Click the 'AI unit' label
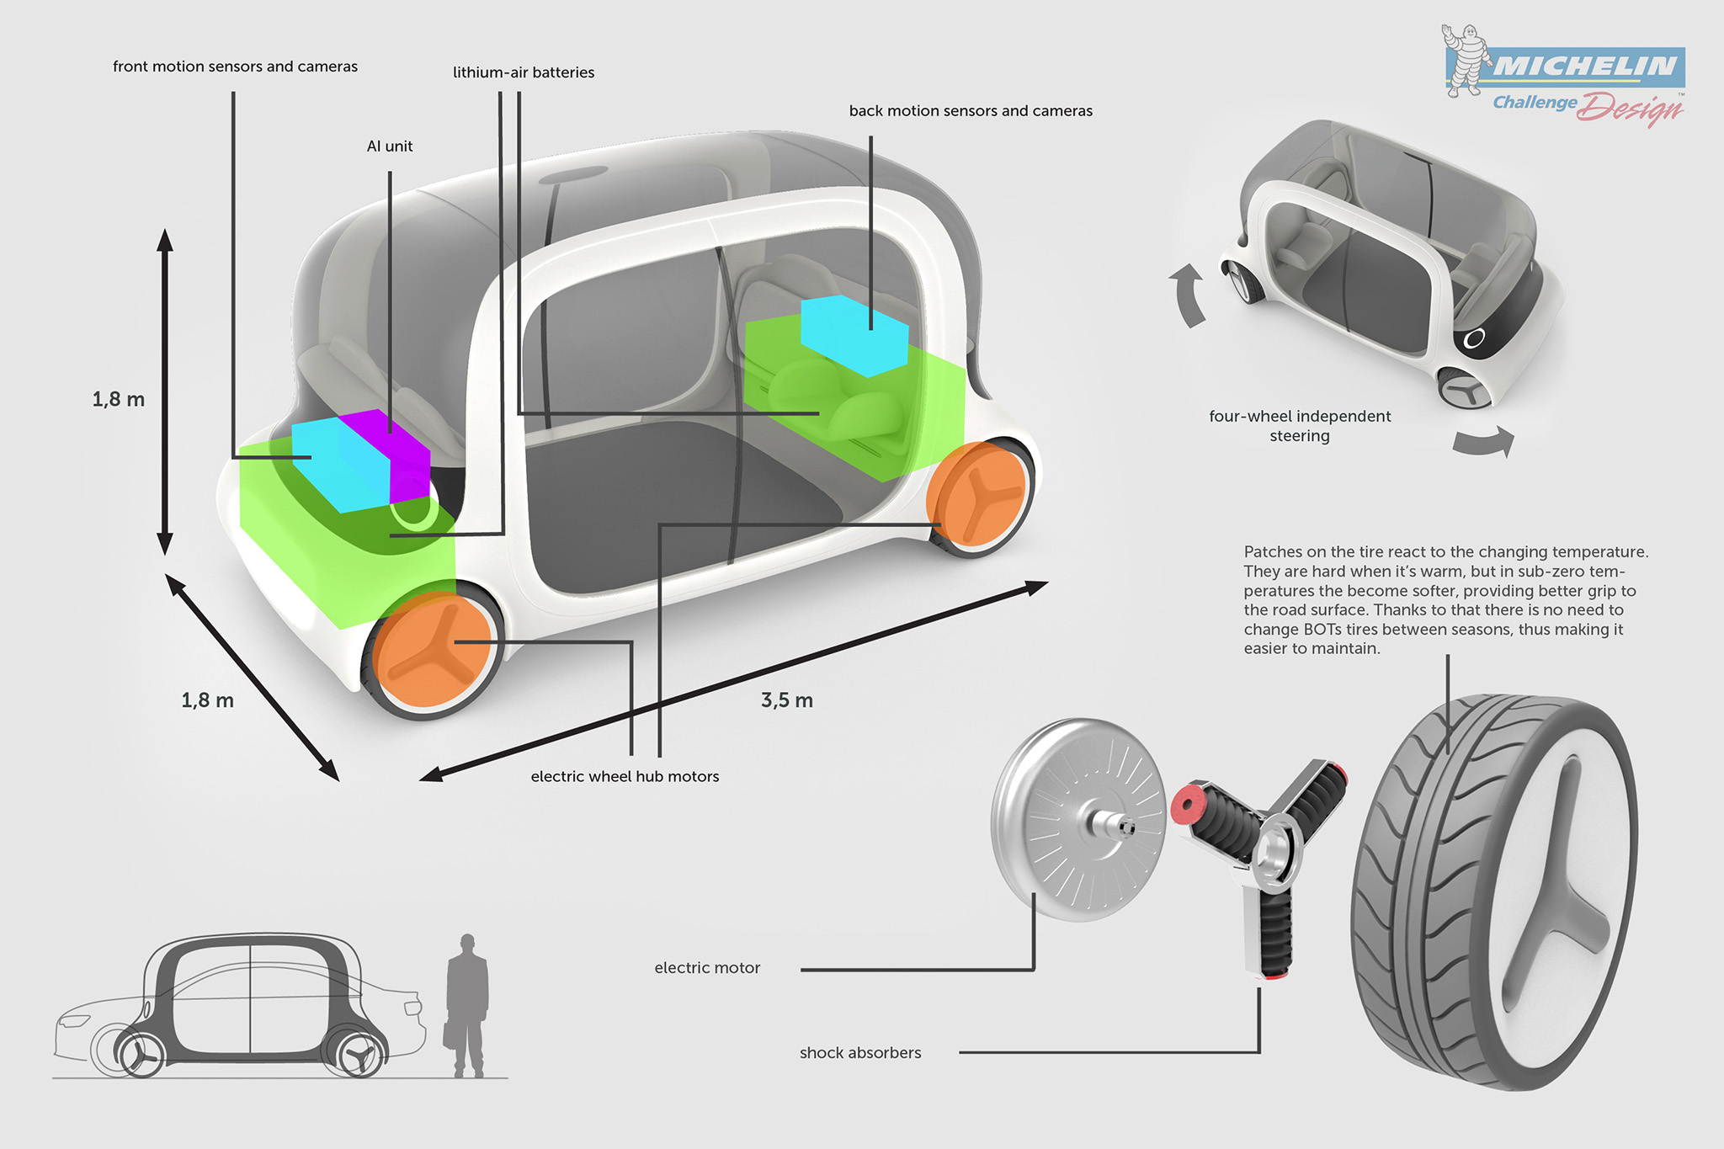click(390, 146)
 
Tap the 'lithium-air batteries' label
click(524, 72)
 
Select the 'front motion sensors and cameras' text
click(235, 66)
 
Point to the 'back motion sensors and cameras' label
click(971, 111)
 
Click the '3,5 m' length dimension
click(787, 700)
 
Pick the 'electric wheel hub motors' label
click(625, 777)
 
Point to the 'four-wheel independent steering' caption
click(1300, 426)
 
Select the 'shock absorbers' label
click(860, 1053)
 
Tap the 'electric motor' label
click(707, 968)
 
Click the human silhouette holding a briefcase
click(466, 1006)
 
